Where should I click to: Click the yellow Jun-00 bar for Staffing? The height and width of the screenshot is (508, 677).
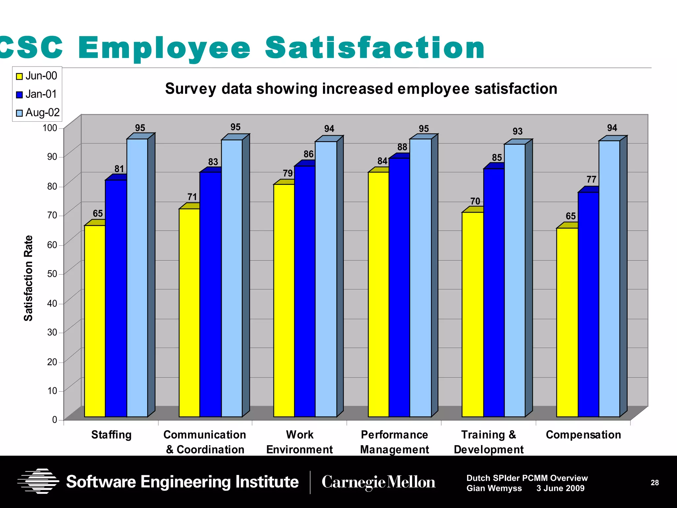point(95,321)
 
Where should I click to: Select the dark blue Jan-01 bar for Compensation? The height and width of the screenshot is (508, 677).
point(588,304)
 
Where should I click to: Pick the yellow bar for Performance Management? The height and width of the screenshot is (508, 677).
point(378,294)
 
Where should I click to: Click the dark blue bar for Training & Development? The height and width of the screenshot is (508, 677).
point(494,293)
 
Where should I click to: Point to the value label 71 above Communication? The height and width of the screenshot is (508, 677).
point(192,197)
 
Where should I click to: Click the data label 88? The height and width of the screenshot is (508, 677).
point(402,147)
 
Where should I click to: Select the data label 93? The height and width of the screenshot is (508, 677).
point(517,132)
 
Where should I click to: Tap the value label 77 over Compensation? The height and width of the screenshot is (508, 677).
point(591,180)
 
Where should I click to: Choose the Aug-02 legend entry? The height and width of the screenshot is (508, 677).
point(38,113)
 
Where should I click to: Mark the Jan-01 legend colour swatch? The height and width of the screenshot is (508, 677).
point(20,95)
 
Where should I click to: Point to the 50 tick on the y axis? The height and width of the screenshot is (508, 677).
point(52,274)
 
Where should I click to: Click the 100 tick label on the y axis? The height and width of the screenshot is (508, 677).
point(50,128)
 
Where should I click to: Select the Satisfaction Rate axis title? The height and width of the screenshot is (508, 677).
point(28,278)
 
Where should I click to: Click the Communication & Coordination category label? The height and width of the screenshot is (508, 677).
point(205,442)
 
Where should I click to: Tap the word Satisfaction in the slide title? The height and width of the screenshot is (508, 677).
point(375,48)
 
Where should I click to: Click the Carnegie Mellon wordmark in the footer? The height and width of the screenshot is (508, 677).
point(378,482)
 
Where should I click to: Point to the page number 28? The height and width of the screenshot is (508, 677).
point(655,483)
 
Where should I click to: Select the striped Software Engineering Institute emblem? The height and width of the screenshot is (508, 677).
point(38,481)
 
